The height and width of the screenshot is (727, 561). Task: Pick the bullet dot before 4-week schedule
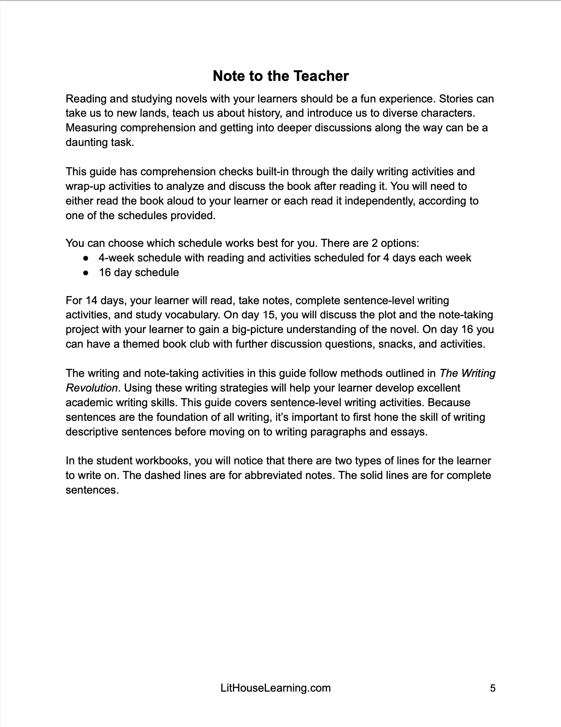click(86, 258)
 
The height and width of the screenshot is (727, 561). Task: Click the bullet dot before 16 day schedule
click(86, 273)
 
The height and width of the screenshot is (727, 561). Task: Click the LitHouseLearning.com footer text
click(275, 688)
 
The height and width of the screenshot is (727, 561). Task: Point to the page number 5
click(493, 688)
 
